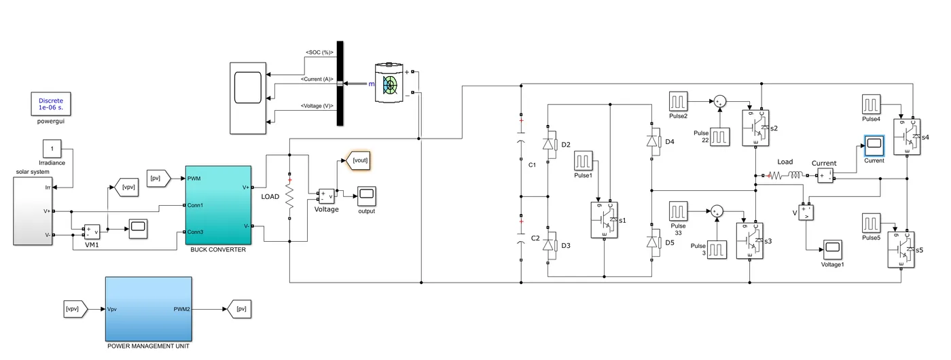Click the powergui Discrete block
click(50, 103)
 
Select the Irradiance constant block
click(52, 148)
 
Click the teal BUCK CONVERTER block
click(218, 204)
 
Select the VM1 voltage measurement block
click(92, 233)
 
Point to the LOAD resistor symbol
click(289, 197)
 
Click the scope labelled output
click(367, 196)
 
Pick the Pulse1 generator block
click(584, 161)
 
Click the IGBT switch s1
click(604, 220)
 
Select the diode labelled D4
click(653, 142)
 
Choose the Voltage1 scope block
click(832, 248)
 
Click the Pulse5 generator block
click(872, 223)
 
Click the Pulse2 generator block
click(679, 101)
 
